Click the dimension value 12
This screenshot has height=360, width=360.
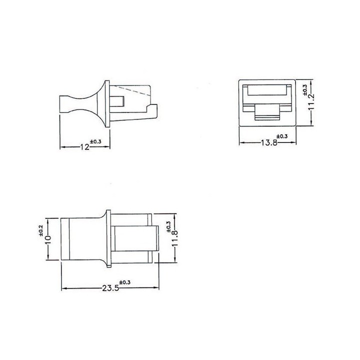pos(84,147)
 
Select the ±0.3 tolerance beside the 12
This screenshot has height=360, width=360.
pos(95,142)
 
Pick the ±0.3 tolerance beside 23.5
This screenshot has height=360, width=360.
pos(124,283)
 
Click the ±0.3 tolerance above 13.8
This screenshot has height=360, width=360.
pos(281,136)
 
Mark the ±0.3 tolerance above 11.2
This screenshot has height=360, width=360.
pos(305,90)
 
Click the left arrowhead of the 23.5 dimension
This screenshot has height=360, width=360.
pos(63,288)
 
